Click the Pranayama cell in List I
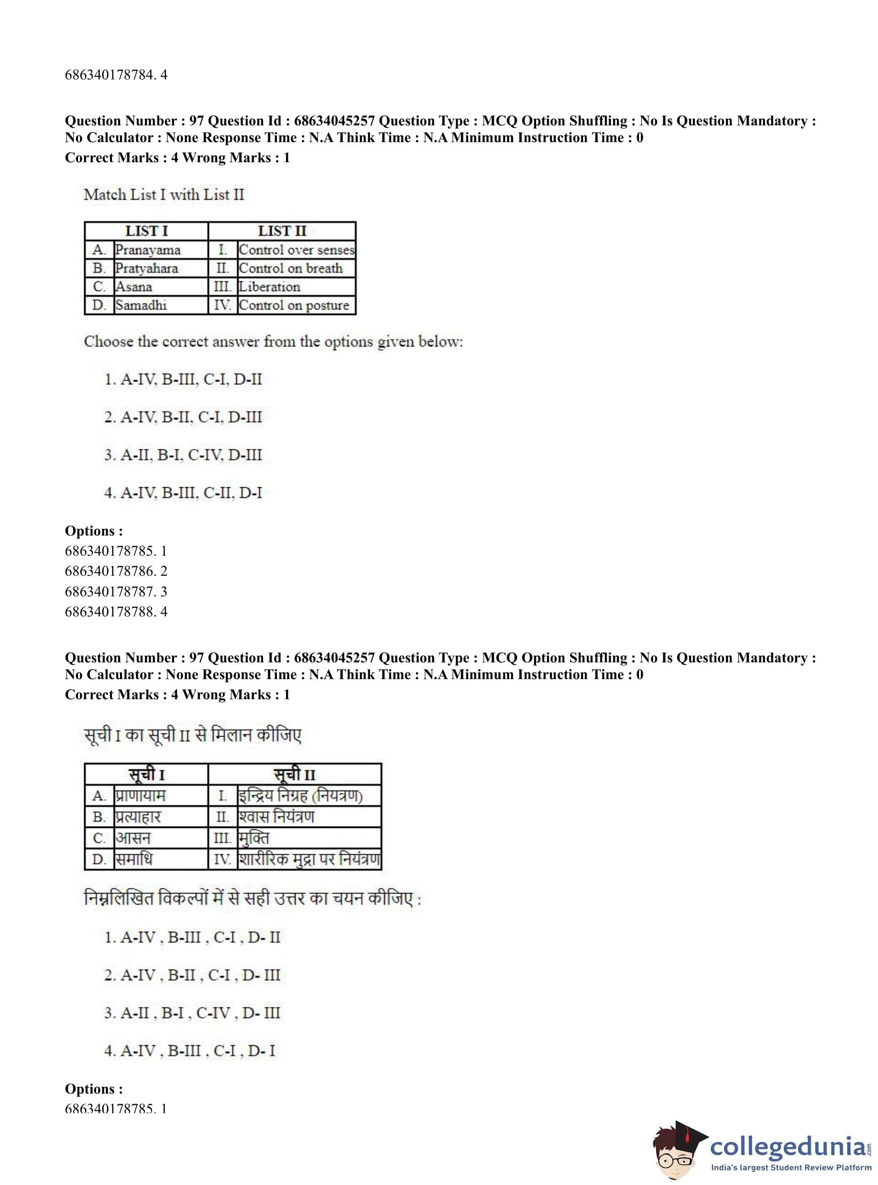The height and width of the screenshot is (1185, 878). (148, 250)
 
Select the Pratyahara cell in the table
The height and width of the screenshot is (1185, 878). (147, 268)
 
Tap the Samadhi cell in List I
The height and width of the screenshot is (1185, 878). (141, 305)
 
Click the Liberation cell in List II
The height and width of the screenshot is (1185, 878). (269, 287)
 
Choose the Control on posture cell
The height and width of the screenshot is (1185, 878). (294, 305)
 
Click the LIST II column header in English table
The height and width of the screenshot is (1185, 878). (282, 231)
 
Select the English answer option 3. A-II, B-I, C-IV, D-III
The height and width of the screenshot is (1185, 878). (183, 455)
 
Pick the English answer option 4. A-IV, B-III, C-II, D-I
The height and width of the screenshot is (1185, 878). (183, 493)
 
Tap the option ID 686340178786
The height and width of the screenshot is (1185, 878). (116, 571)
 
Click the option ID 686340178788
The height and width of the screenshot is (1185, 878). (116, 612)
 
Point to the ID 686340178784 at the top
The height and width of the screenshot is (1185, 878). (116, 75)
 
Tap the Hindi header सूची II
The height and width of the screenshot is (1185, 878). (295, 774)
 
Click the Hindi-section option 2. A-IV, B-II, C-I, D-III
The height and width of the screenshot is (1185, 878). (192, 975)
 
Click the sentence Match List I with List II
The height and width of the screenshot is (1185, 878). (164, 195)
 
